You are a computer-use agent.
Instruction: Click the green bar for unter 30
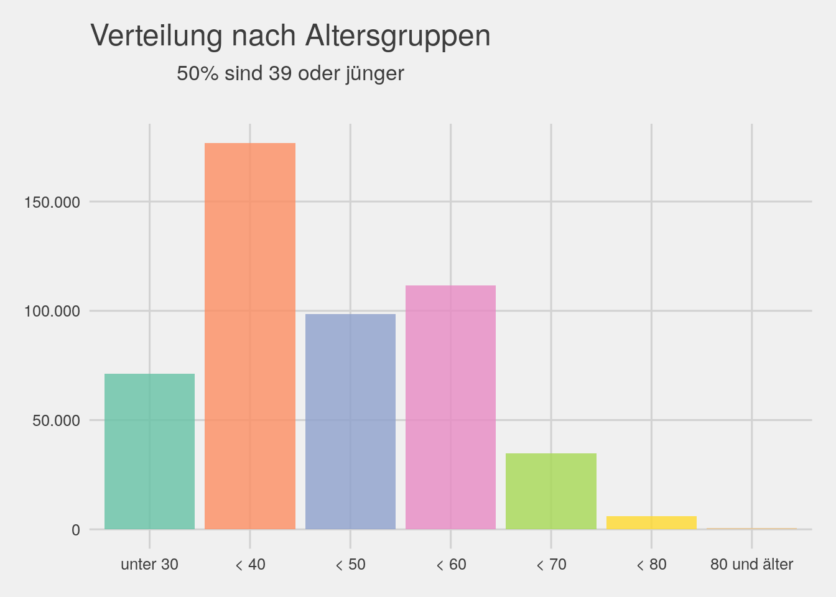(x=149, y=451)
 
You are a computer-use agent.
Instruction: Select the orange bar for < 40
(x=250, y=336)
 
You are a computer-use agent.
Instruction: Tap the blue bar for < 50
(x=350, y=422)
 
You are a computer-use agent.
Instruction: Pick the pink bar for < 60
(x=450, y=407)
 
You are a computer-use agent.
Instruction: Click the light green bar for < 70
(x=551, y=491)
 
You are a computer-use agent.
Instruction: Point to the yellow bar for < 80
(x=651, y=523)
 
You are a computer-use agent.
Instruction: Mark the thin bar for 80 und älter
(x=751, y=529)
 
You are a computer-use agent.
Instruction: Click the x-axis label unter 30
(x=149, y=565)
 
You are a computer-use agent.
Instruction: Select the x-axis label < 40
(x=250, y=565)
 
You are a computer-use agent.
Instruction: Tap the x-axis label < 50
(x=350, y=565)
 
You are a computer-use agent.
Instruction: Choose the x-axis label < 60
(x=450, y=565)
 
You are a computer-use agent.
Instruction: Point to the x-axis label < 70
(x=551, y=565)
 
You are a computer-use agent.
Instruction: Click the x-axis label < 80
(x=651, y=565)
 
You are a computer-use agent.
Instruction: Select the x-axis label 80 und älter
(x=751, y=565)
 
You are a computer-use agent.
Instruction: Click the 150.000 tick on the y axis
(x=52, y=202)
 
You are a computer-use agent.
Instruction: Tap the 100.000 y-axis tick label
(x=52, y=311)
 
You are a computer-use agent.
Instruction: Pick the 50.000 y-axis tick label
(x=56, y=420)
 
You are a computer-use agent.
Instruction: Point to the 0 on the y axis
(x=76, y=530)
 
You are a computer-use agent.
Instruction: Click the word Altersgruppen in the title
(x=397, y=36)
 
